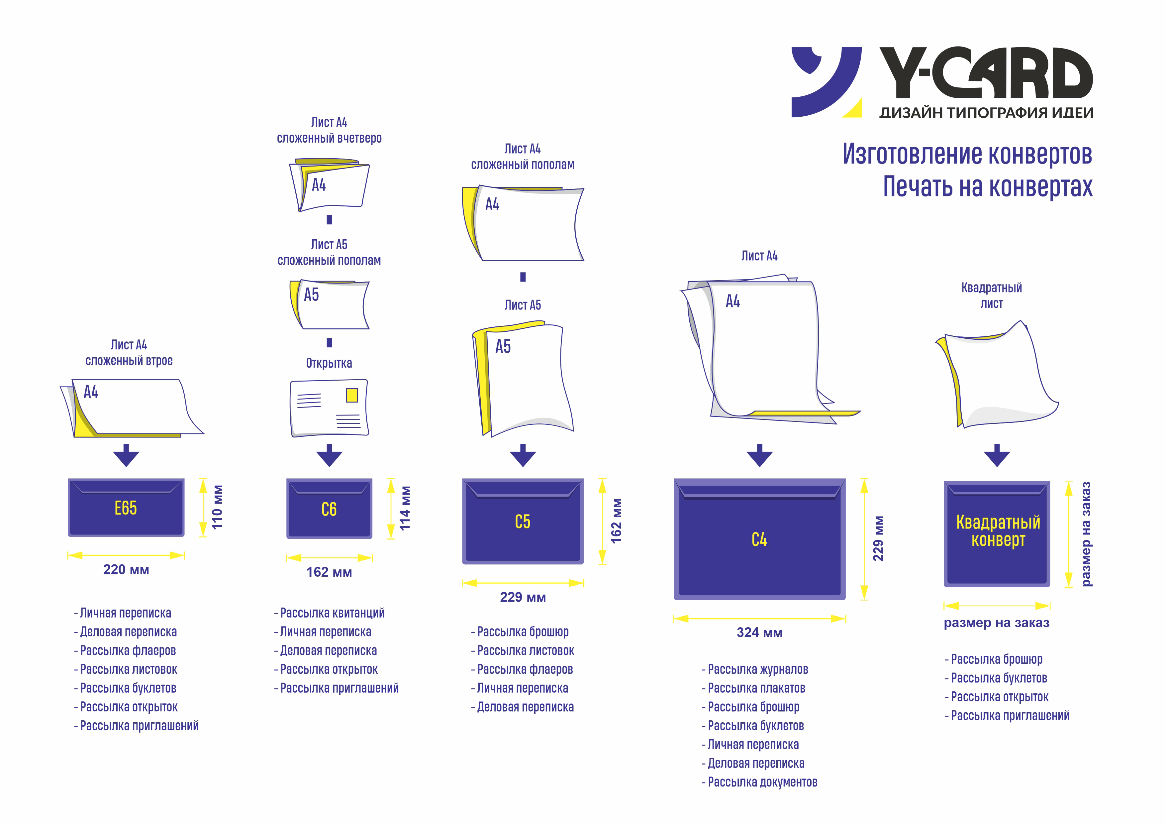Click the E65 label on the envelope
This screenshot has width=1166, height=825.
coord(126,508)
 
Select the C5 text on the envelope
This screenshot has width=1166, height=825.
coord(523,522)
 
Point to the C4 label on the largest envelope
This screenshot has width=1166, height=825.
coord(759,539)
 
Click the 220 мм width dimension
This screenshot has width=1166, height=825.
coord(126,569)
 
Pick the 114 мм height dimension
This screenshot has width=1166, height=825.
coord(405,508)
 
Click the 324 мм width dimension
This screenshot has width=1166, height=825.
coord(759,633)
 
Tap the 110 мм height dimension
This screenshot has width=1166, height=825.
coord(217,507)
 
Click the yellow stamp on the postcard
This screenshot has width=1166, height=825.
coord(352,395)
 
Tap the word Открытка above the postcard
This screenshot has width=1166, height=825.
coord(329,363)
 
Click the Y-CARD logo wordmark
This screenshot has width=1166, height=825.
coord(986,73)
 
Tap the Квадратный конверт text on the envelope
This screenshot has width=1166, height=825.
coord(998,531)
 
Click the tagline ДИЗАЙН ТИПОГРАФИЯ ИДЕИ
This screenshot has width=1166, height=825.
coord(986,113)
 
